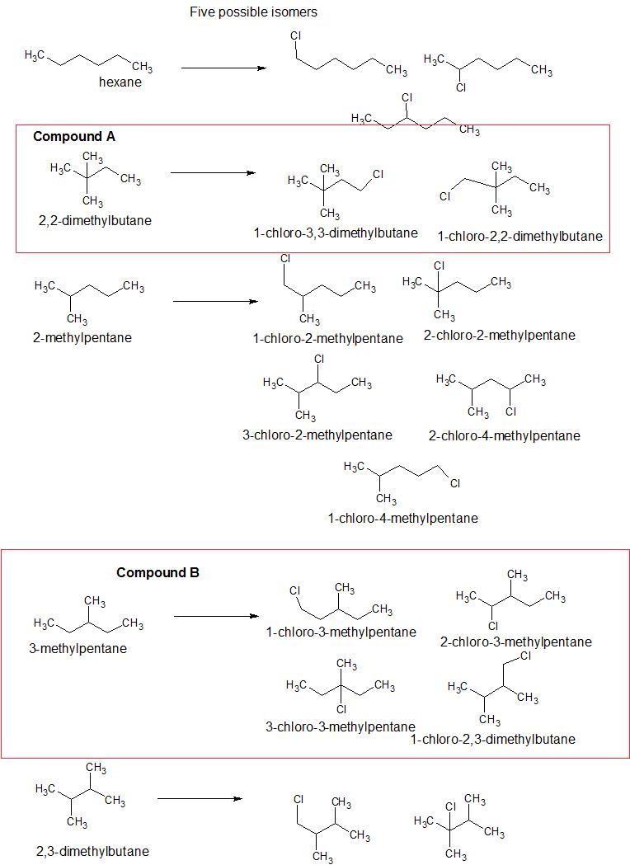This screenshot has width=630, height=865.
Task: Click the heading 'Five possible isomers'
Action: click(253, 12)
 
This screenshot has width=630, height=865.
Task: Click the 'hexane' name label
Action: click(120, 82)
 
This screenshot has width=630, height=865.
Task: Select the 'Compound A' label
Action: click(74, 137)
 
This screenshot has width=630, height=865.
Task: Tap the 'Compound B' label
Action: click(157, 572)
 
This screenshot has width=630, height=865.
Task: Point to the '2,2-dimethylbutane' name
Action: click(95, 220)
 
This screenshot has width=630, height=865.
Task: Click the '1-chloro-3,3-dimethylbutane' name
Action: click(336, 233)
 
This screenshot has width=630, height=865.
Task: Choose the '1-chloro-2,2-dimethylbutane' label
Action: click(520, 237)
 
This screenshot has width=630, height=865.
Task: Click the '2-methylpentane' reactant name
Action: click(82, 337)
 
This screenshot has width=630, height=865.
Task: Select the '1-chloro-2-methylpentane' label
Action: click(328, 338)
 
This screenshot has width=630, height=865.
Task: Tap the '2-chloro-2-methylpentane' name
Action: click(500, 335)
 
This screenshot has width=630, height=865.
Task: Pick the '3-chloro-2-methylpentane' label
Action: click(317, 435)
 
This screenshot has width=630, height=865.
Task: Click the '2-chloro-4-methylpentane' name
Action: click(504, 435)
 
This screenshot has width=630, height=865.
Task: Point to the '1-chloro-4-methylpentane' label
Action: click(402, 518)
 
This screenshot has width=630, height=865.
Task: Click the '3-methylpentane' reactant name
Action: click(78, 648)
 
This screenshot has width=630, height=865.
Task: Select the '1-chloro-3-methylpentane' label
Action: click(341, 632)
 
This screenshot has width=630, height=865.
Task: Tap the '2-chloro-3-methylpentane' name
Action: click(515, 642)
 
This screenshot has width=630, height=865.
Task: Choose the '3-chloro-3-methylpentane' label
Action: click(340, 726)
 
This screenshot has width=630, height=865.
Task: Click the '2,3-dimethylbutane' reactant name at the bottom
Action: click(92, 851)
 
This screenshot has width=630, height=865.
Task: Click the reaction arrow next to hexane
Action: click(223, 68)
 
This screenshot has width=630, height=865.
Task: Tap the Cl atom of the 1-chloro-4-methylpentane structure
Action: click(454, 484)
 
